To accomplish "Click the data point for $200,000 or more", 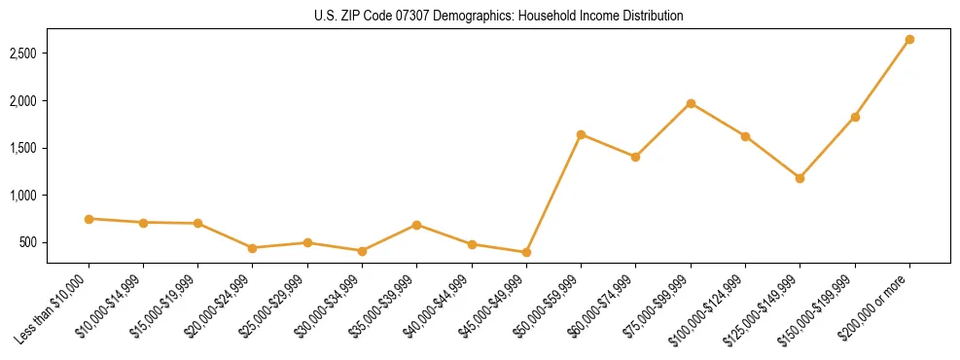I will tap(909, 40).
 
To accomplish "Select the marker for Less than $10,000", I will tap(89, 219).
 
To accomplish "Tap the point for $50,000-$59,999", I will tap(581, 134).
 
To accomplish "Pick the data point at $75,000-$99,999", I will tap(691, 103).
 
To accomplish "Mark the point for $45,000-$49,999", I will tap(526, 252).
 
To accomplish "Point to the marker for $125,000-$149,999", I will tap(800, 178).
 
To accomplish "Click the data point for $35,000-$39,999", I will tap(417, 225).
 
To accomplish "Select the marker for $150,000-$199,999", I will tap(855, 117).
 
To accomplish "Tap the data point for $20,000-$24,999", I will tap(253, 248).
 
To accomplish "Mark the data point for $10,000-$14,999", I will tap(144, 223).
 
